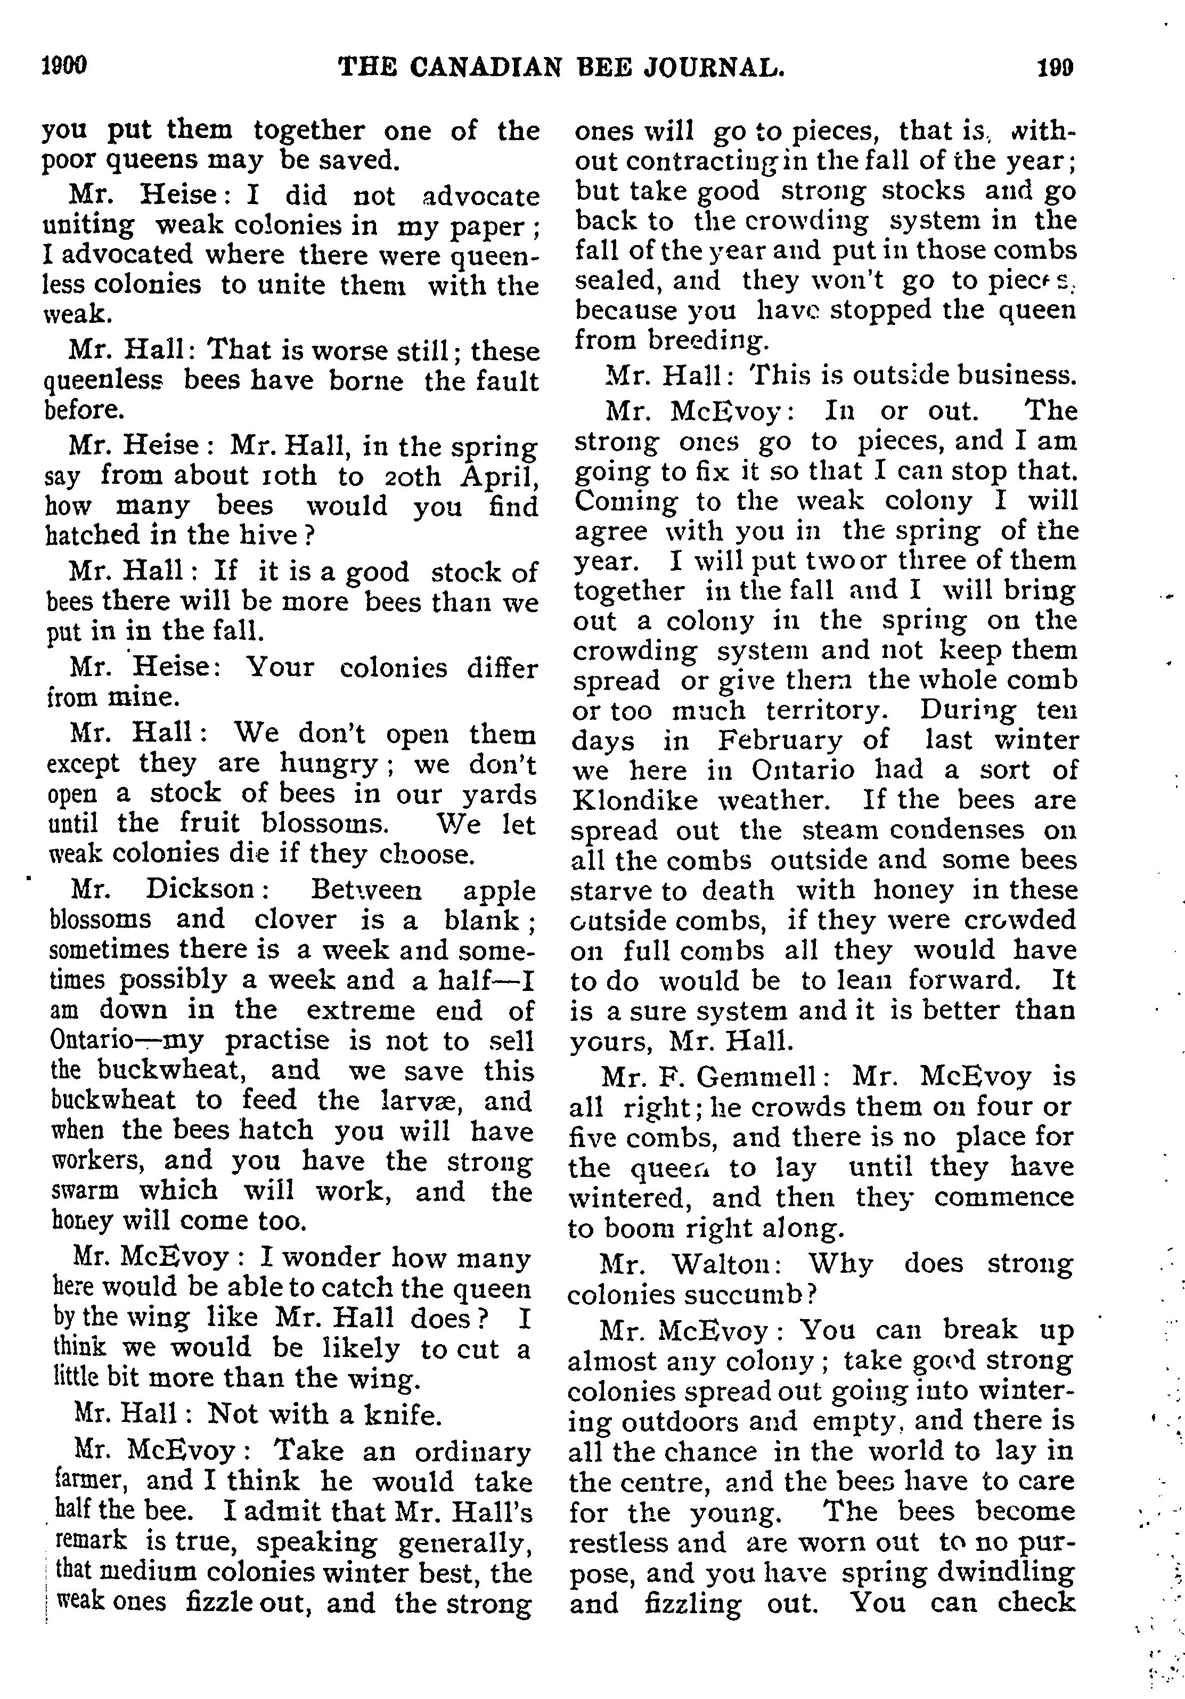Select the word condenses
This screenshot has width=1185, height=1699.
pos(957,830)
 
